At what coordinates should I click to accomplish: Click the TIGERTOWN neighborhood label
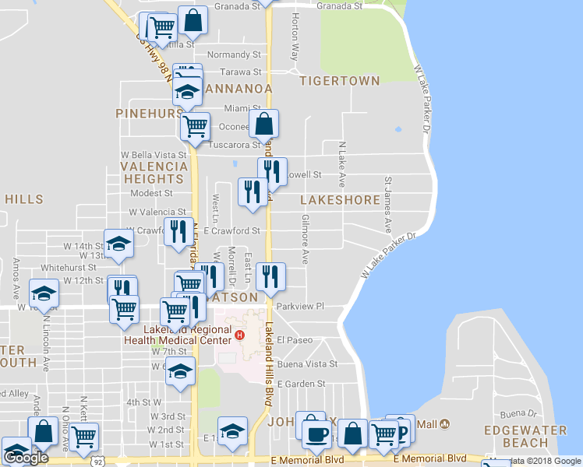click(340, 81)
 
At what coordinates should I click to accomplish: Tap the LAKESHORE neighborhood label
click(341, 200)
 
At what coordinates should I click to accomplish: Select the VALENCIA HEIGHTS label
click(154, 173)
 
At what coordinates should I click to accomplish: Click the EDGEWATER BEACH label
click(516, 436)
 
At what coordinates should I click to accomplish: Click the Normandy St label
click(234, 55)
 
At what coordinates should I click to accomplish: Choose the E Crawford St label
click(231, 231)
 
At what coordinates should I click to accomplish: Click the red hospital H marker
click(240, 336)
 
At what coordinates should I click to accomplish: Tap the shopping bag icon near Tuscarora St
click(264, 123)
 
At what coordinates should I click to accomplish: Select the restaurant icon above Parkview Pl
click(270, 277)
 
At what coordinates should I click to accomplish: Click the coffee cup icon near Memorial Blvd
click(316, 432)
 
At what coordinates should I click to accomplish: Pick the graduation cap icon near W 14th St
click(118, 243)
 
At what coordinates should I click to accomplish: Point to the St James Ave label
click(387, 205)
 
